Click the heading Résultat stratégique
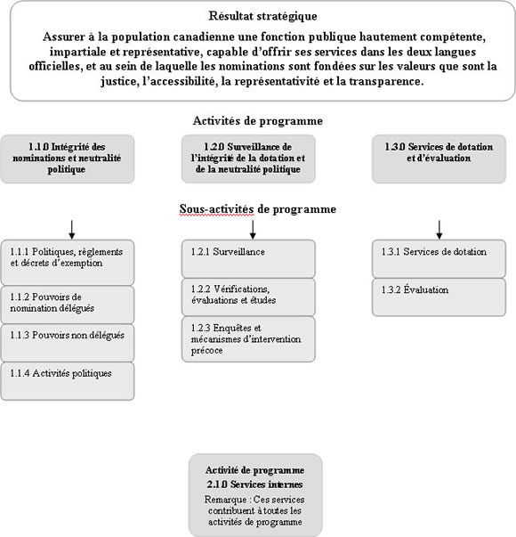pyautogui.click(x=262, y=16)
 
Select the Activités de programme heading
pyautogui.click(x=257, y=121)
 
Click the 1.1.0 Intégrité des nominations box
pyautogui.click(x=68, y=159)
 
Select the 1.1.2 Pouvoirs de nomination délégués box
pyautogui.click(x=68, y=304)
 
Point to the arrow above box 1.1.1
pyautogui.click(x=70, y=228)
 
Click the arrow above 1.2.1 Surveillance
pyautogui.click(x=253, y=228)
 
